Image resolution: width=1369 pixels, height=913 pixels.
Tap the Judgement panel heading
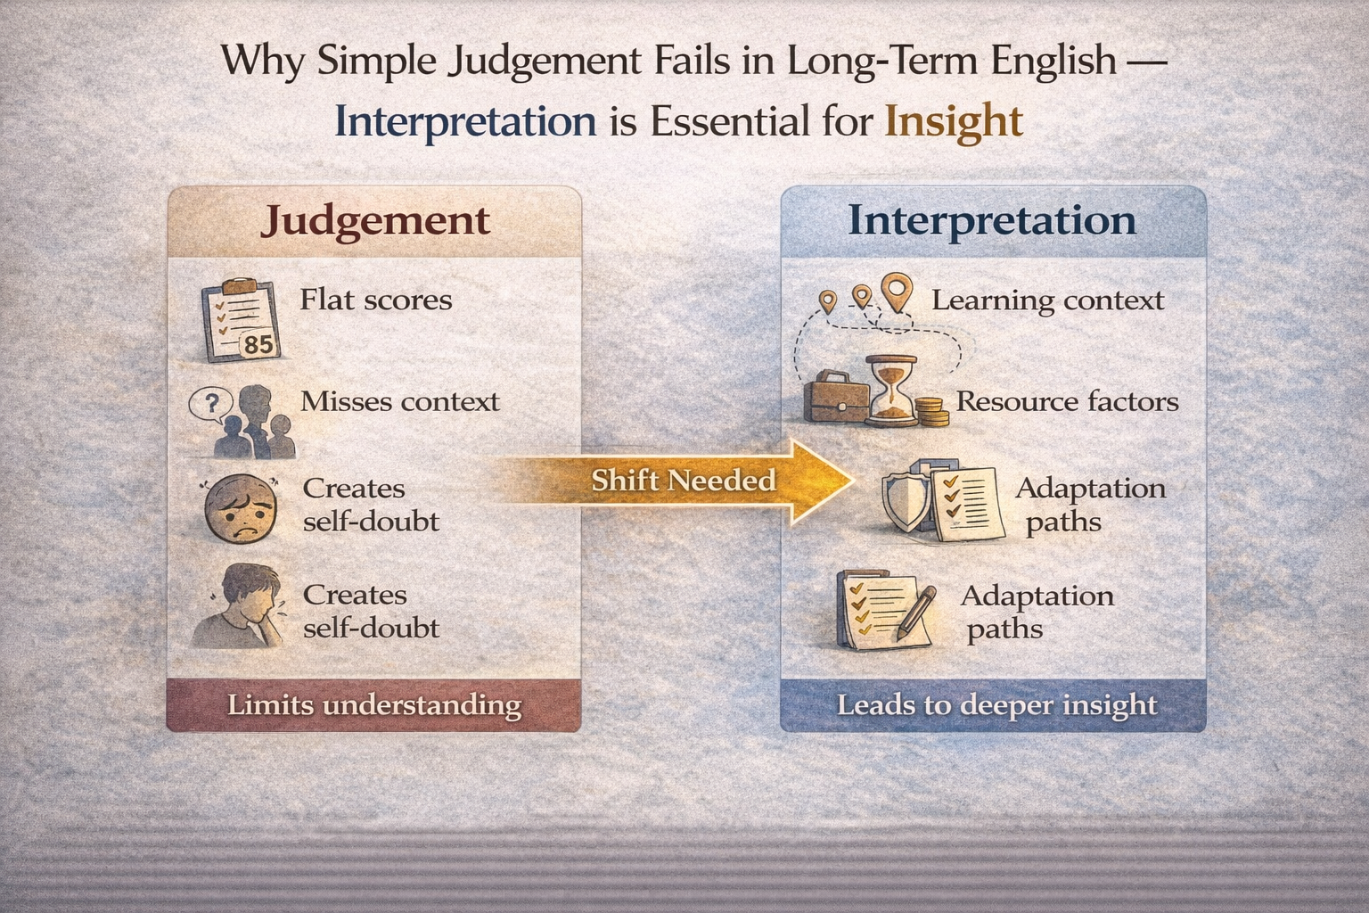click(x=375, y=221)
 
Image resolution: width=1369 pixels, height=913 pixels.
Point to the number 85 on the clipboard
click(x=258, y=344)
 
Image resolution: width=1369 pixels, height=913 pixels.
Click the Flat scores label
click(x=375, y=300)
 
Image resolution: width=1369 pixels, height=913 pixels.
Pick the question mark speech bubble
click(x=211, y=405)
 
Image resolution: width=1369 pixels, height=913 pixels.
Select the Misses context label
click(x=399, y=401)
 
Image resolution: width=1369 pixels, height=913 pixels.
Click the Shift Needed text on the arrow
click(x=684, y=481)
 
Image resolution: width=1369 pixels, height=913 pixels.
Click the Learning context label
click(x=1047, y=300)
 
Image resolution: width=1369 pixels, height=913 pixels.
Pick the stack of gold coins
click(x=932, y=412)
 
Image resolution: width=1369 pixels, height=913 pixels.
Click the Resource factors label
click(x=1067, y=401)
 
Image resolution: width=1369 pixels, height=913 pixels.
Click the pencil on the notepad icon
click(x=916, y=611)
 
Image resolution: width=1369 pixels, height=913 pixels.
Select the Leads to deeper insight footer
click(x=996, y=705)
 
